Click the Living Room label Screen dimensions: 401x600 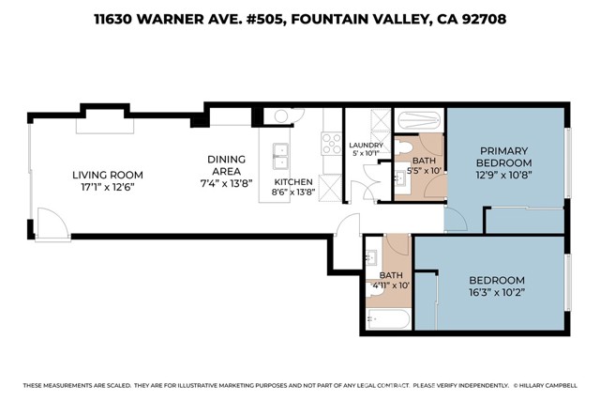(108, 175)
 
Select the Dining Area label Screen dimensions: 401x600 (226, 165)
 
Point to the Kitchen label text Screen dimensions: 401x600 (292, 181)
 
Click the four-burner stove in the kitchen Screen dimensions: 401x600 (332, 143)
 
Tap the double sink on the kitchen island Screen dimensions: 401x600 (279, 154)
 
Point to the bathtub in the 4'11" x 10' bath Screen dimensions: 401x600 (387, 319)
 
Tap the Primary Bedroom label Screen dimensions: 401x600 (504, 157)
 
